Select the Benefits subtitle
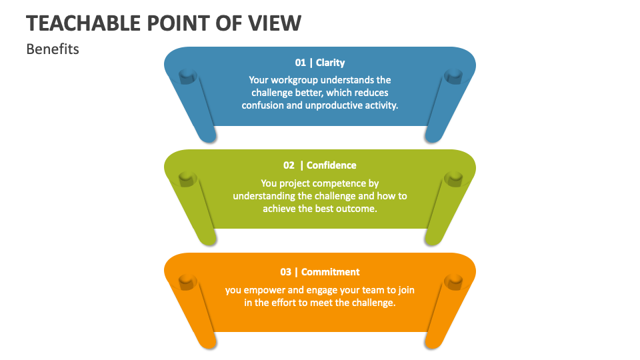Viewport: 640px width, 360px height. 53,49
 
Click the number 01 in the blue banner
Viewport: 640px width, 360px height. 301,63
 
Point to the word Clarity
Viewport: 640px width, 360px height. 331,63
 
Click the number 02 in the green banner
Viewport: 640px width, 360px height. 289,165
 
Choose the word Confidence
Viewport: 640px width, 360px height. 331,165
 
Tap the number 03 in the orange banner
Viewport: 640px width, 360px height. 286,272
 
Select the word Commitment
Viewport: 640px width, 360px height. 331,272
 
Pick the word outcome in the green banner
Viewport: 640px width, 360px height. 359,208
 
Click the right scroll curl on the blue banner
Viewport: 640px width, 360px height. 453,77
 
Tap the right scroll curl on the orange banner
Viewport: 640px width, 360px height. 453,282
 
